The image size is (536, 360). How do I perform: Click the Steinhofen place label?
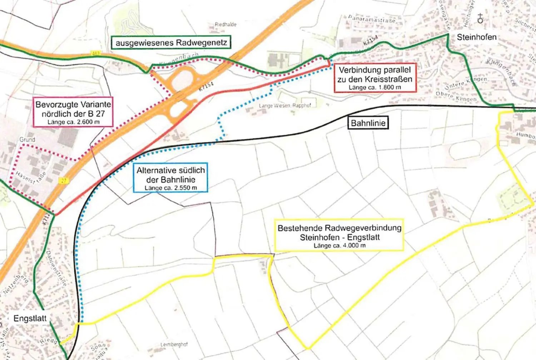coord(476,37)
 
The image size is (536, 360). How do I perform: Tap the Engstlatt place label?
coord(30,318)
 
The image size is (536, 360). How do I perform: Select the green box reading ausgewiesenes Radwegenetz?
coord(171,43)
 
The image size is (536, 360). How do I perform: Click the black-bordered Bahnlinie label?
coord(368,123)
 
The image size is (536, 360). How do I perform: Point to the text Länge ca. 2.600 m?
coord(73,122)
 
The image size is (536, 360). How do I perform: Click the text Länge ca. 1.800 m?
coord(375,88)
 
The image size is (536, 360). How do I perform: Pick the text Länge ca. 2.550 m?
coord(170,188)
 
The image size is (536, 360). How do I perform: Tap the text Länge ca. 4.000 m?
coord(339,246)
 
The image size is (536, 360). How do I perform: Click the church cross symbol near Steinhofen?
coord(480,19)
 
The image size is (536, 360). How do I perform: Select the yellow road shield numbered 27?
coord(64,181)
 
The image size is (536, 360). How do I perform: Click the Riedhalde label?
coord(225,24)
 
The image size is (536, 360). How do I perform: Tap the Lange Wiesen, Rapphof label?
coord(285,106)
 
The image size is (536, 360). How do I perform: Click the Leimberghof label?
coord(174,345)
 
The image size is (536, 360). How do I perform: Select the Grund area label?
coord(27,139)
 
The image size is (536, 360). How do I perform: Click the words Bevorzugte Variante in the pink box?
coord(73,104)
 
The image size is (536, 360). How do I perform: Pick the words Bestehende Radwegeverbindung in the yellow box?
coord(339,228)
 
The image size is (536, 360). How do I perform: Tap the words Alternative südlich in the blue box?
coord(170,170)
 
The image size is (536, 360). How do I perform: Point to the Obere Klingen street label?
coord(456,97)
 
